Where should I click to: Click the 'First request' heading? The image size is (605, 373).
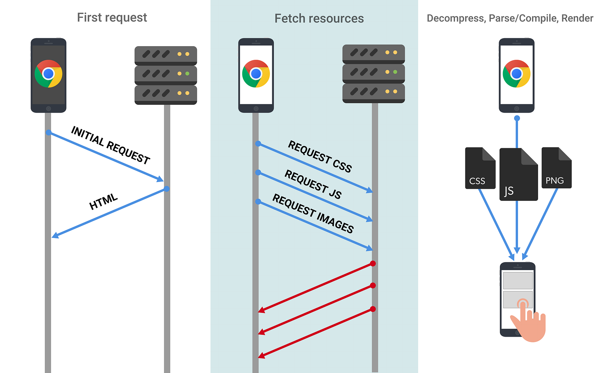click(112, 18)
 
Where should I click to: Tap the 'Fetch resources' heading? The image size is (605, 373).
click(319, 19)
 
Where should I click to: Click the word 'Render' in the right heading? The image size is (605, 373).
click(577, 18)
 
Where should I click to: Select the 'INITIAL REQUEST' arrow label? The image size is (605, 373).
click(110, 145)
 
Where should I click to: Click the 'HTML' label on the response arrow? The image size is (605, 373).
click(104, 201)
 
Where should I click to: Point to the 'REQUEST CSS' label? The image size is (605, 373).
click(320, 156)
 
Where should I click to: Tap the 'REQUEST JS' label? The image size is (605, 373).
click(313, 184)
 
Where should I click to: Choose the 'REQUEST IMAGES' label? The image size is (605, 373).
click(313, 213)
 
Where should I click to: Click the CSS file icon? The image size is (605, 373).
click(480, 168)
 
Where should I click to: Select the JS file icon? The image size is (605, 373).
click(518, 174)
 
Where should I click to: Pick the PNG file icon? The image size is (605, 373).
click(556, 168)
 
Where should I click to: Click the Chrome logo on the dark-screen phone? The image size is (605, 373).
click(49, 73)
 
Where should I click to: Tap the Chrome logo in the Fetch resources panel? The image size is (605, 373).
click(256, 73)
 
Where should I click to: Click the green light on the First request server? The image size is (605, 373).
click(187, 73)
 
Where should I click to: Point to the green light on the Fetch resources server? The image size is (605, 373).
click(395, 72)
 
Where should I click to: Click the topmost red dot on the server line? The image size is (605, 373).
click(373, 264)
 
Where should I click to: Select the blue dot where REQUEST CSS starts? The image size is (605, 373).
click(258, 143)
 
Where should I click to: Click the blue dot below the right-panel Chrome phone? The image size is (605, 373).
click(517, 118)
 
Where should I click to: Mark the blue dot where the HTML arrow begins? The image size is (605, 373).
click(167, 189)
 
